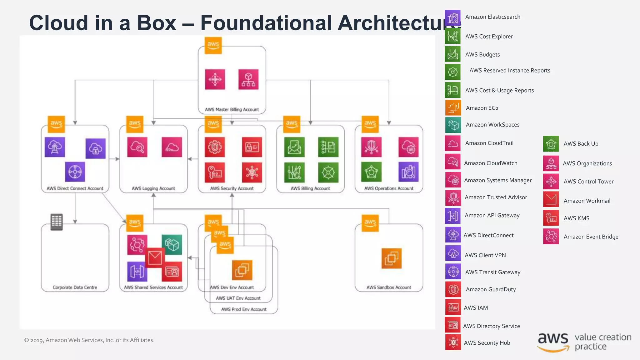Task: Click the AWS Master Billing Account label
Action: [232, 109]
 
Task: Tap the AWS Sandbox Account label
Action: [389, 287]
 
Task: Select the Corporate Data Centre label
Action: [75, 287]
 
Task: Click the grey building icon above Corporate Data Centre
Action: [57, 222]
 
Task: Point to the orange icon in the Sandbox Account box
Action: [391, 258]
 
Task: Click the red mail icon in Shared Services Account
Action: [155, 258]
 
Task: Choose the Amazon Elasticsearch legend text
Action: [492, 17]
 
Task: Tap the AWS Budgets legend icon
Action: [452, 54]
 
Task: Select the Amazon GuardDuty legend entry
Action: [491, 289]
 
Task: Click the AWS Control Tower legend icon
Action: [551, 182]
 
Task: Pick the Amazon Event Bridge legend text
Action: [591, 237]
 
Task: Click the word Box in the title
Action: [157, 23]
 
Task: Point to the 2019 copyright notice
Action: [89, 340]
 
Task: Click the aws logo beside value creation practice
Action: [553, 341]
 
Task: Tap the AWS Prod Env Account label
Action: [244, 309]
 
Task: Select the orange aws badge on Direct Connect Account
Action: [56, 124]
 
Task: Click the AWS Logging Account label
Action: [153, 188]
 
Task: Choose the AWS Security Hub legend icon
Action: [453, 342]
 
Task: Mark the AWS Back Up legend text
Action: [581, 144]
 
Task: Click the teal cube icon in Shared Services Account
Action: [172, 245]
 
